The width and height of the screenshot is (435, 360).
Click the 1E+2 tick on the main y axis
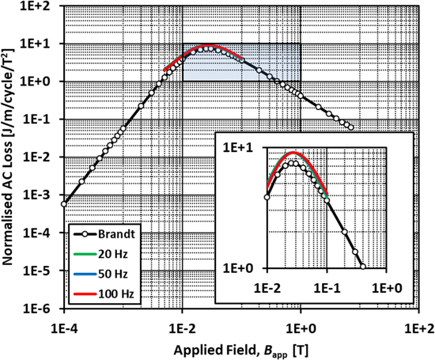(x=41, y=6)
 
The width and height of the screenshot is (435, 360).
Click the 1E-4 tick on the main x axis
(x=63, y=325)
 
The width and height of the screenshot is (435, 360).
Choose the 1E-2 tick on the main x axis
(x=182, y=325)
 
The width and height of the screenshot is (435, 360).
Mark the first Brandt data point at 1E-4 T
(x=64, y=204)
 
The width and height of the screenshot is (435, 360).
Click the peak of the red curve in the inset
(x=293, y=152)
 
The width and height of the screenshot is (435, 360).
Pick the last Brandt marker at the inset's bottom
(x=363, y=267)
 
